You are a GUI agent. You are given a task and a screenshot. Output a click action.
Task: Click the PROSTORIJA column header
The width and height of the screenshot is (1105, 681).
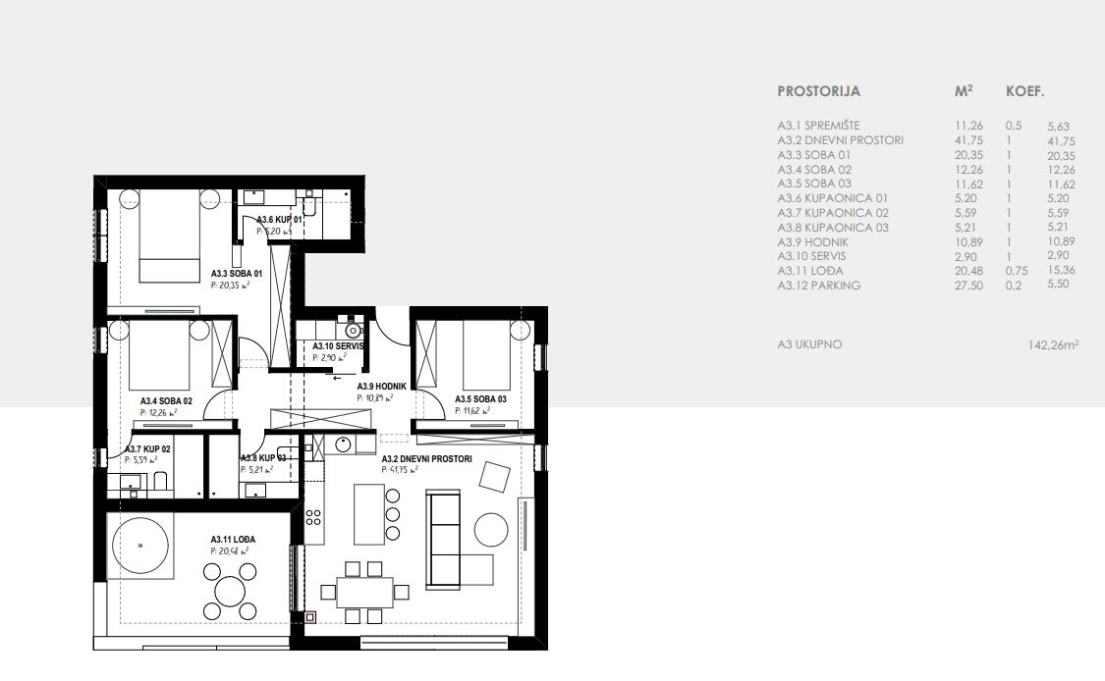coord(818,91)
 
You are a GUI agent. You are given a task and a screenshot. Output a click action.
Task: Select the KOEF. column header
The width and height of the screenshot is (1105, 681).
coord(1025,91)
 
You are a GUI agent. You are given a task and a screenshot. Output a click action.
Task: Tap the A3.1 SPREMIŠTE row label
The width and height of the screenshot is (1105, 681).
coord(819,126)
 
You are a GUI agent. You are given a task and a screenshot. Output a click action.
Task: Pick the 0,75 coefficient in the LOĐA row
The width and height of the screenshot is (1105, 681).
coord(1017,271)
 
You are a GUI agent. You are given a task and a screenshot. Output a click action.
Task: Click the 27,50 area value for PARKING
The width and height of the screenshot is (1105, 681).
coord(968,286)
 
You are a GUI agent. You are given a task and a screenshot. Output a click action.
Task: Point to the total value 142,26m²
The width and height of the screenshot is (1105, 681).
coord(1053,345)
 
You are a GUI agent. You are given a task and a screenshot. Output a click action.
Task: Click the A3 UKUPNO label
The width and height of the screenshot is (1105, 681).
coord(809,344)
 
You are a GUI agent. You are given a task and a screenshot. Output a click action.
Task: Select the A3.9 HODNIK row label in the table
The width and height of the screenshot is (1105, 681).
coord(812,241)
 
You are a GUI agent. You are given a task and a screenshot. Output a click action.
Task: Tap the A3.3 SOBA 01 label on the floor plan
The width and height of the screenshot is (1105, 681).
coord(237,273)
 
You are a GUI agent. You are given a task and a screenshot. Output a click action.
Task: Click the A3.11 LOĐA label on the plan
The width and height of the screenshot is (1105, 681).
coord(233,540)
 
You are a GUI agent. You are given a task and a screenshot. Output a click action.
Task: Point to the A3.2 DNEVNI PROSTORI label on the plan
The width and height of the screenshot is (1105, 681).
coord(427,459)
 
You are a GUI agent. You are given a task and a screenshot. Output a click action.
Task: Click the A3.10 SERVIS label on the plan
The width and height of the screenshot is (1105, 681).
coord(338,346)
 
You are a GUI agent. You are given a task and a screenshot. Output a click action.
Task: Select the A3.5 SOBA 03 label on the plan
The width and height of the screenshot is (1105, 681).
coord(480,399)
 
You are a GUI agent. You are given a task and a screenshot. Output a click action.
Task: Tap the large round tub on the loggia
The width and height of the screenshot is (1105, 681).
coord(140,546)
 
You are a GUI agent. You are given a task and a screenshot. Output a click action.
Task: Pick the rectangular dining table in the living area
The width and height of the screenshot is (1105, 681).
coord(365,593)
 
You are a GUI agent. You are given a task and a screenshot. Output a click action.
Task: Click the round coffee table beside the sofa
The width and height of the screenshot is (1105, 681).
coord(491,530)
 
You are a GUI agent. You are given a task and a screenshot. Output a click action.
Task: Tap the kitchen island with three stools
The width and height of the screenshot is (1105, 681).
coord(369,514)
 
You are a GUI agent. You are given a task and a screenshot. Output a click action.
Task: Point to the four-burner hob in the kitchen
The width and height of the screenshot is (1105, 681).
coord(313,517)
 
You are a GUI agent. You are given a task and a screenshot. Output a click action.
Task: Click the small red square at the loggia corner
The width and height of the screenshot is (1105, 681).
coord(309,617)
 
